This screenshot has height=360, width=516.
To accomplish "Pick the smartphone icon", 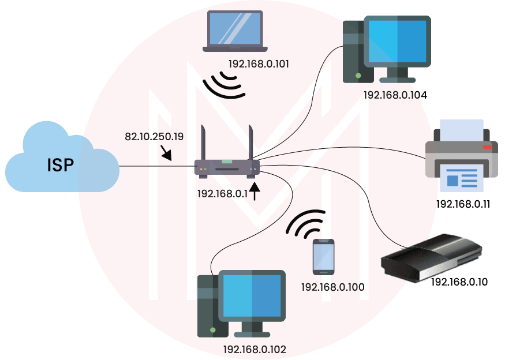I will [x=323, y=256].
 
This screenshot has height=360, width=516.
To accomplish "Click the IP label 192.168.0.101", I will [x=259, y=63].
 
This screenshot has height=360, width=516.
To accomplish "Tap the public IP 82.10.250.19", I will [x=154, y=137].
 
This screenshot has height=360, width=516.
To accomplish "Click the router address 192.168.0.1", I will [x=222, y=194].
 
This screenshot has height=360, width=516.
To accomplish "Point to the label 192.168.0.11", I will [x=463, y=204].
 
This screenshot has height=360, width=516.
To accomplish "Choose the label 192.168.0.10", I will [x=459, y=282].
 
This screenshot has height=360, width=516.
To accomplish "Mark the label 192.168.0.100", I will [x=332, y=286].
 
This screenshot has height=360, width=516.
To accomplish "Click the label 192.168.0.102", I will [x=255, y=349].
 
